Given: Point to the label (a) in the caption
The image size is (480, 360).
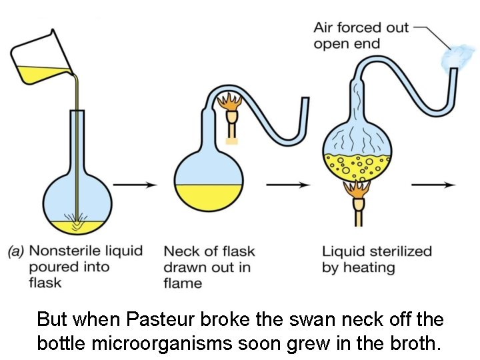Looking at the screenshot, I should coord(16,252).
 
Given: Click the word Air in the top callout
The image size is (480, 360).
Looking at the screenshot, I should coord(324,28).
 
